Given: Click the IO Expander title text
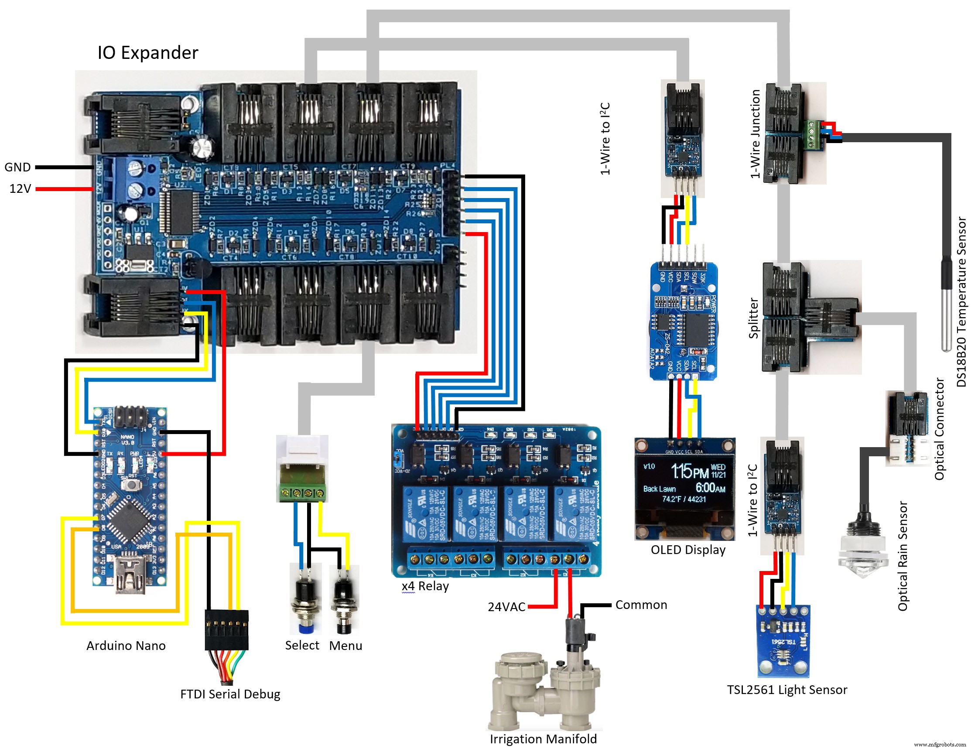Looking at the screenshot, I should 147,53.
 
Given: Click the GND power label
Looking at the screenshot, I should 17,167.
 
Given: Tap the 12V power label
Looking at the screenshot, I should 20,189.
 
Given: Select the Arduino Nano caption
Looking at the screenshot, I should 126,646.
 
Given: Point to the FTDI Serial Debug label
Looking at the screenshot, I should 230,694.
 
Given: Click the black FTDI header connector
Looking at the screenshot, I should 226,630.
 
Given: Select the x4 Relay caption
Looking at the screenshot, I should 425,586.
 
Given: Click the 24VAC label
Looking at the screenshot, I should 506,607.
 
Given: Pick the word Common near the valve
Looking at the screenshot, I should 641,605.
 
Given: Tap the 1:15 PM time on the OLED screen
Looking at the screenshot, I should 689,471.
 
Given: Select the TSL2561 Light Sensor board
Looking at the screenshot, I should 783,640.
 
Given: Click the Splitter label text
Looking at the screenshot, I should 753,318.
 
